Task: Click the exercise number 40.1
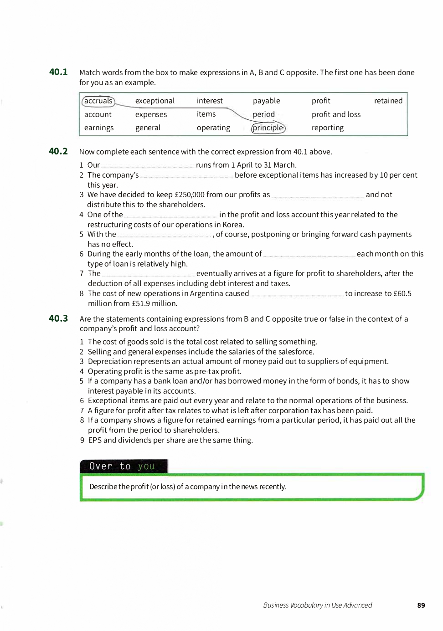click(58, 72)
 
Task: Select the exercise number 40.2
click(58, 151)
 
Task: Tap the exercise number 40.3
click(58, 318)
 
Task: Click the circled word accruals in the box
click(98, 101)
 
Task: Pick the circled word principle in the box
click(268, 128)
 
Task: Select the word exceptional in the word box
click(155, 101)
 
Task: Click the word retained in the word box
click(388, 101)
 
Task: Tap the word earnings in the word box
click(99, 128)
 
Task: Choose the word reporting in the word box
click(328, 128)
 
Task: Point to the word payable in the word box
click(267, 101)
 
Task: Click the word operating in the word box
click(213, 128)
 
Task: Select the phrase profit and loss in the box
click(336, 114)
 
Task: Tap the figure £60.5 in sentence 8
click(402, 293)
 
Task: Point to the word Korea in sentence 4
click(232, 225)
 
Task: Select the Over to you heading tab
click(124, 466)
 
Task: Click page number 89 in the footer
click(421, 605)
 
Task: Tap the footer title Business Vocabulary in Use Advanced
click(318, 605)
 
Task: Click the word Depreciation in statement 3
click(110, 361)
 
